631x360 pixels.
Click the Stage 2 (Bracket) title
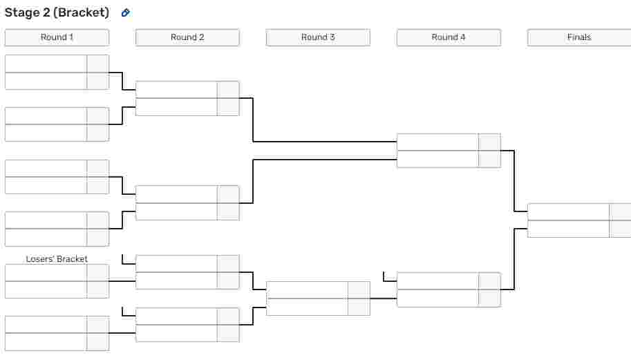[57, 12]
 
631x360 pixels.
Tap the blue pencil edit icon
[126, 13]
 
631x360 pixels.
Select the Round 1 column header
[57, 37]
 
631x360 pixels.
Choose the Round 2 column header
[187, 37]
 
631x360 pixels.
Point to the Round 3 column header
[318, 37]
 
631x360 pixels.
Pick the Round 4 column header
[449, 37]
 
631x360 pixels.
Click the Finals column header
[579, 37]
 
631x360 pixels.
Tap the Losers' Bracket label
[57, 259]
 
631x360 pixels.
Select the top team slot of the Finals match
[568, 212]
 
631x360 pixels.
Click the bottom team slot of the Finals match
[568, 229]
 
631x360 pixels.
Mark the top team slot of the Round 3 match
[307, 290]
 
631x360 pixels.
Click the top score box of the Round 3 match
[359, 290]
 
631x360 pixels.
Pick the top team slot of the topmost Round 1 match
[46, 64]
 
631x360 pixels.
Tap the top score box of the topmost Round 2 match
[229, 90]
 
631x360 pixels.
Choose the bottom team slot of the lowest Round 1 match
[46, 342]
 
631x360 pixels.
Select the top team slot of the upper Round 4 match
[437, 142]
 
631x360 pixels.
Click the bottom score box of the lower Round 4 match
[490, 298]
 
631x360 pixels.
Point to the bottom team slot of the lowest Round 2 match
[177, 334]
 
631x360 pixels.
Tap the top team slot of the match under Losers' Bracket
[46, 273]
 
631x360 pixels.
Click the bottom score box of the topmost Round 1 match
[97, 81]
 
